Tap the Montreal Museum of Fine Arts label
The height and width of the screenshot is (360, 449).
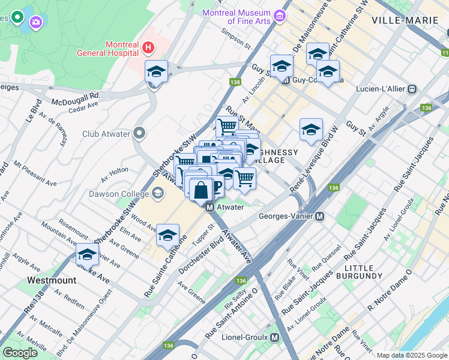point(237,17)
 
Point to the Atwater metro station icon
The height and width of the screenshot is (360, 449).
point(210,208)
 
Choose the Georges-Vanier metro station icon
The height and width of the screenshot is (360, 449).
point(320,216)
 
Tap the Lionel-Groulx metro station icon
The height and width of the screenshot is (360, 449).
point(275,338)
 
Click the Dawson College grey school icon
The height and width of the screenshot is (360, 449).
point(158,193)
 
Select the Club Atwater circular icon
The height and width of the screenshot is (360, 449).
point(139,133)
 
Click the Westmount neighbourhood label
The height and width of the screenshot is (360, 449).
point(52,280)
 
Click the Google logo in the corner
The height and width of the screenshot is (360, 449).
point(20,353)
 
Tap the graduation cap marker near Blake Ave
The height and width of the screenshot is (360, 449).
point(88,254)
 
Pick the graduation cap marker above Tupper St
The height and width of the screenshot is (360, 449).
point(168,235)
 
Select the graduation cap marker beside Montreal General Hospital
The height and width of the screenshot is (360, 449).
point(157,72)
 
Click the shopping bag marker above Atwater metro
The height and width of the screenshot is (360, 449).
point(201,189)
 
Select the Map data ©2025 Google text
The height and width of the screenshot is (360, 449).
point(411,355)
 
